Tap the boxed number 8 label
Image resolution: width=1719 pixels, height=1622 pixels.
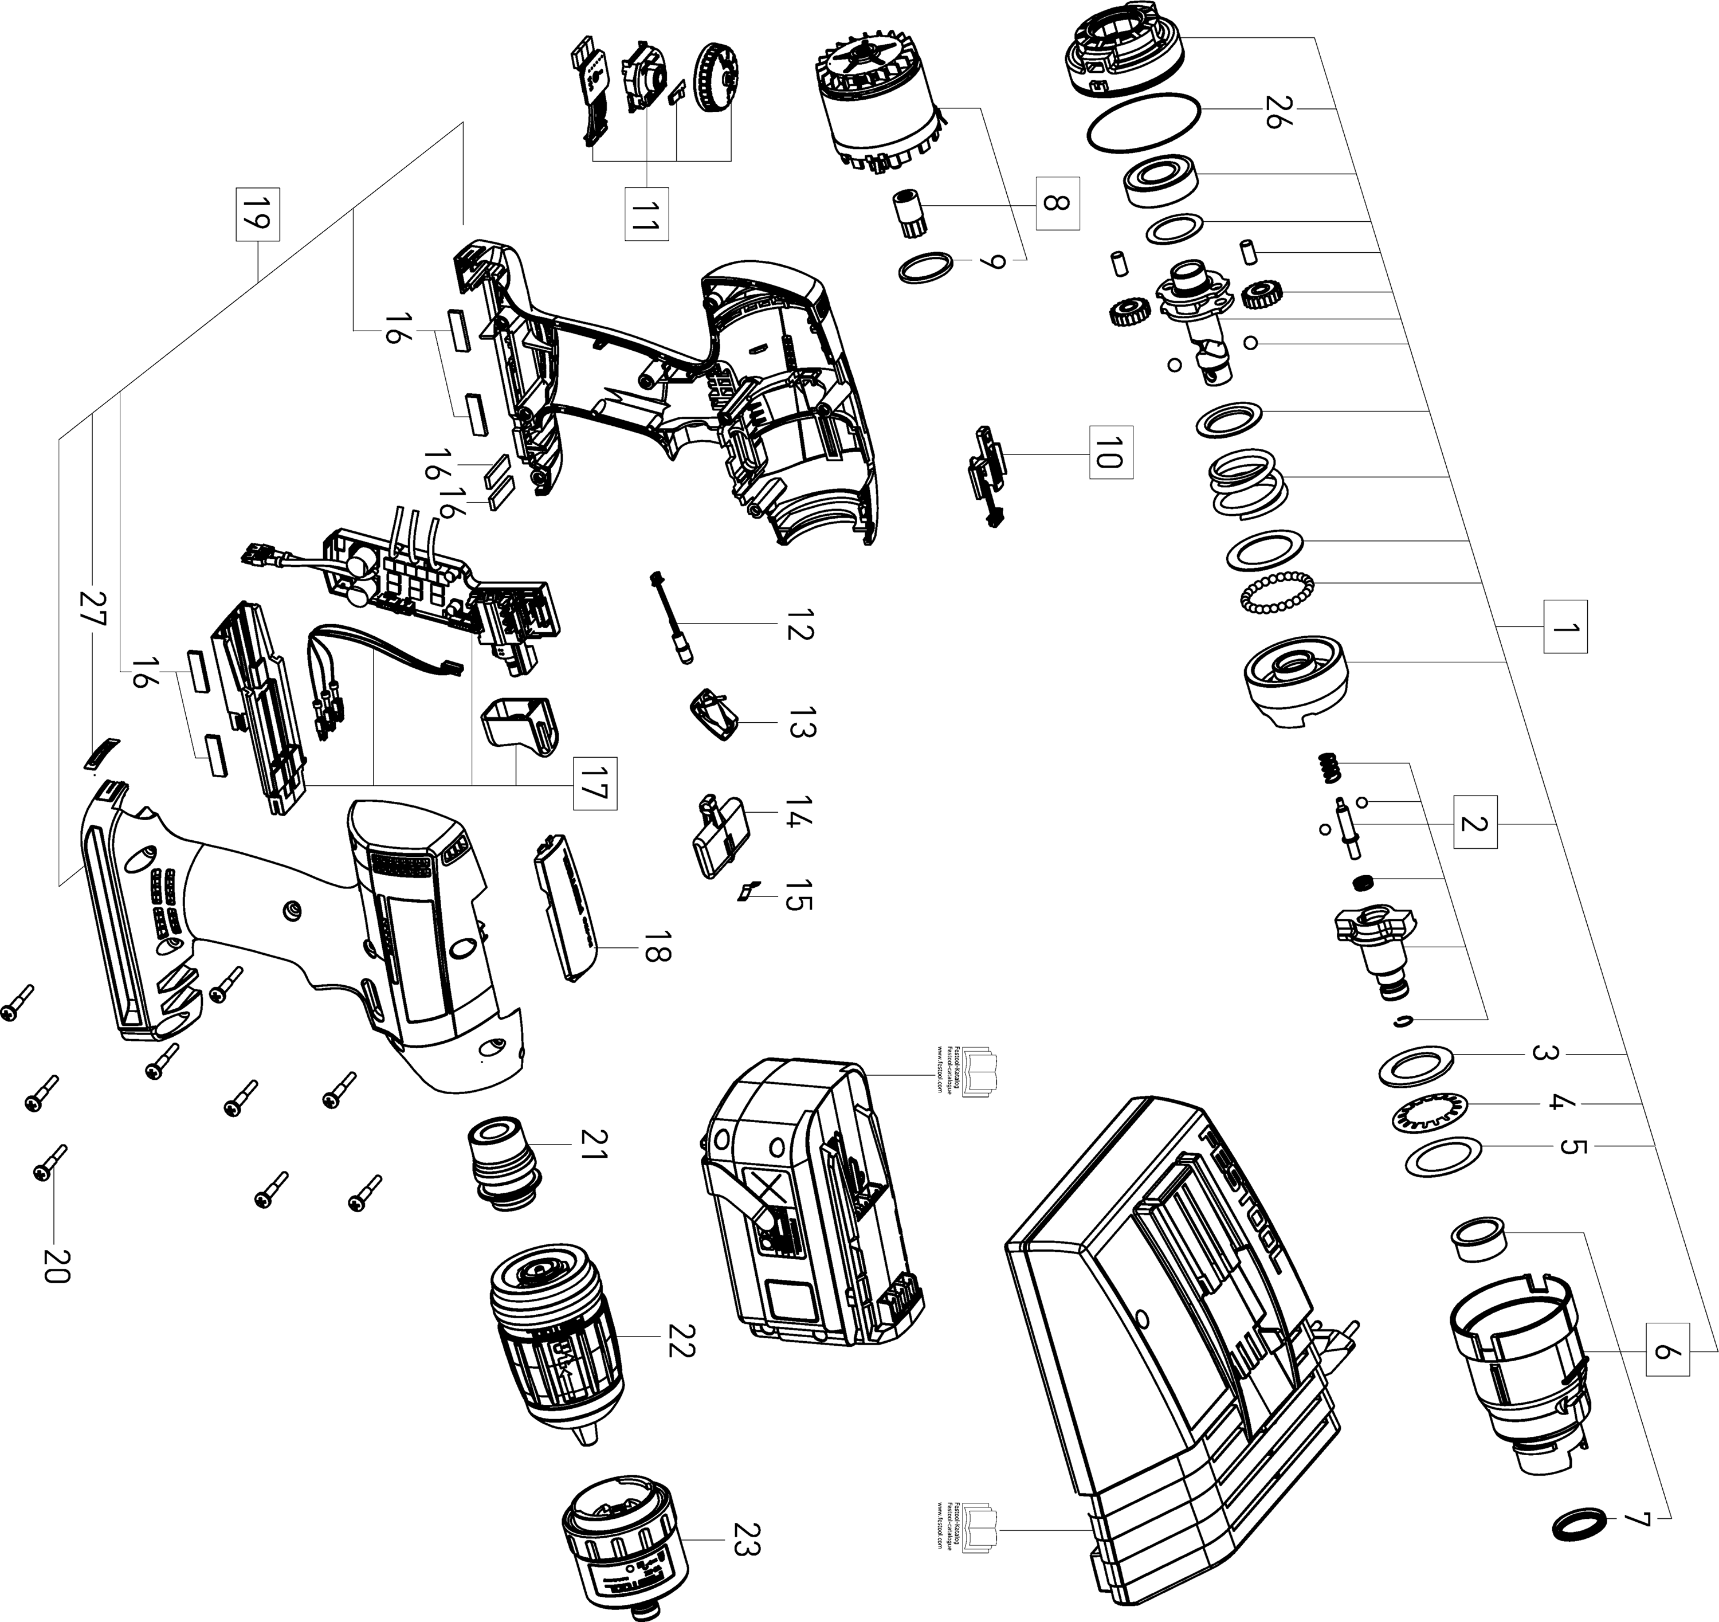click(1058, 204)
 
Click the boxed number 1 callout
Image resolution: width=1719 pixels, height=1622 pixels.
click(1563, 627)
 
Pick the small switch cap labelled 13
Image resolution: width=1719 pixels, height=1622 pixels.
click(716, 714)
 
